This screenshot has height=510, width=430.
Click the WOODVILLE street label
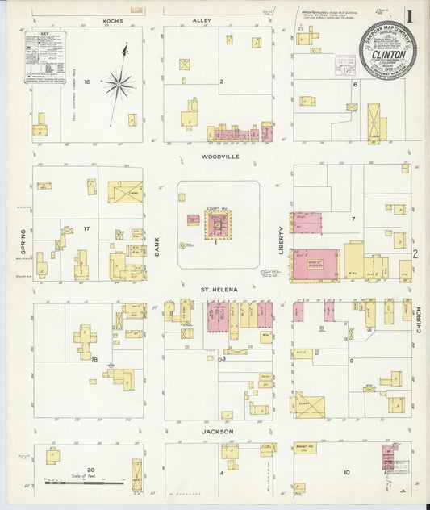click(x=217, y=157)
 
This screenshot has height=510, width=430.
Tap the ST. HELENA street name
click(x=217, y=286)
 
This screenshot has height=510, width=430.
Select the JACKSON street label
click(x=217, y=432)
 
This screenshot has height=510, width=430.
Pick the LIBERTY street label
click(x=282, y=240)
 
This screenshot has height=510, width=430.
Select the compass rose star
click(x=119, y=82)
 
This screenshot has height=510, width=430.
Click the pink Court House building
click(x=216, y=226)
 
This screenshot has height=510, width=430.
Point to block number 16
click(x=86, y=82)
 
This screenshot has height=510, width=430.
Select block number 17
click(x=86, y=229)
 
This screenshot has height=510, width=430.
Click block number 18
click(x=94, y=359)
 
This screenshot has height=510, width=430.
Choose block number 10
click(x=346, y=472)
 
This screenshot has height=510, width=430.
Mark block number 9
click(x=352, y=361)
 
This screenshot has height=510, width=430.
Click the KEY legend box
click(x=45, y=57)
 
